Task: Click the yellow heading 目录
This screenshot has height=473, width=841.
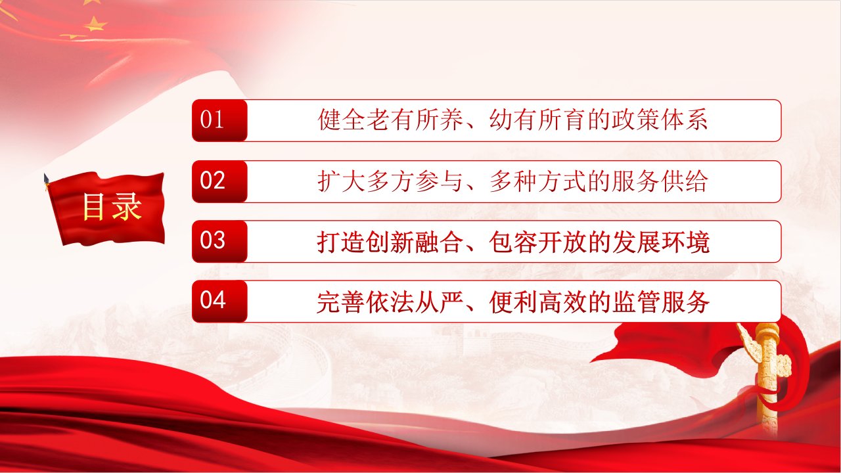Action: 112,207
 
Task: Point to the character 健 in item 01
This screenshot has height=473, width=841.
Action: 329,120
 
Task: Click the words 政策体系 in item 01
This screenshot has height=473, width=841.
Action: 660,120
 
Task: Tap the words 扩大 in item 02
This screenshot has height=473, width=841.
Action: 341,181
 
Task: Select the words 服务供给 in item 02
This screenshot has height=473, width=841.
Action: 660,181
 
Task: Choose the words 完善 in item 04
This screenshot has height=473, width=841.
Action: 341,302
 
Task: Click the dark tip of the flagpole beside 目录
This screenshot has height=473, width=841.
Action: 47,179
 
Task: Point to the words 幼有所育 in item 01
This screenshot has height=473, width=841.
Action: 537,120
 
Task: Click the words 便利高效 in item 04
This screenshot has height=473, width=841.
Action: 537,302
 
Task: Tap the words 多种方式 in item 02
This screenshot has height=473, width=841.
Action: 537,181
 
